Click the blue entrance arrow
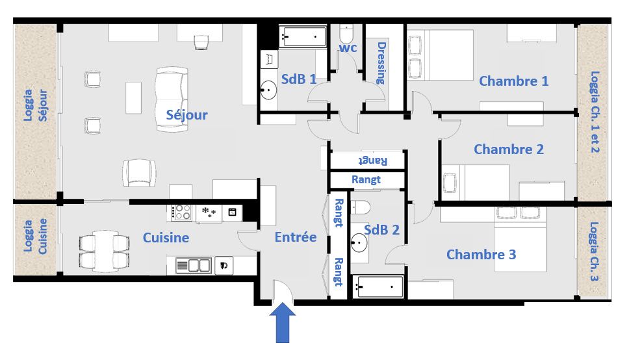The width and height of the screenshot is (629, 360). [x=283, y=323]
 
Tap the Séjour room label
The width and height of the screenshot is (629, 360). [x=187, y=115]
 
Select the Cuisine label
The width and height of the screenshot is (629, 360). [x=166, y=238]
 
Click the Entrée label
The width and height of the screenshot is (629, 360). [x=296, y=237]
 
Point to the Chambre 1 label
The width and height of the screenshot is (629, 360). [x=513, y=81]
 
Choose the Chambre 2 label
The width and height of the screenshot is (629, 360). [x=509, y=149]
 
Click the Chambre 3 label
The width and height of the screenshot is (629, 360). [x=481, y=255]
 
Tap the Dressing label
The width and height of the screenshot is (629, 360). [x=381, y=64]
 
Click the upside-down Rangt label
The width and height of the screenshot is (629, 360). [x=373, y=161]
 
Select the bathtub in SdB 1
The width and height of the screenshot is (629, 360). [x=302, y=37]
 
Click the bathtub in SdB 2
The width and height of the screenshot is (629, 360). [x=378, y=287]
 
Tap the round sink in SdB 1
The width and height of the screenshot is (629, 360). [x=268, y=90]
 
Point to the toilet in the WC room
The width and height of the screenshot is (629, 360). [x=346, y=34]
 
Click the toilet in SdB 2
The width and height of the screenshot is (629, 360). [x=361, y=207]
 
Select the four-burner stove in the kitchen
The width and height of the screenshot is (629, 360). [x=181, y=212]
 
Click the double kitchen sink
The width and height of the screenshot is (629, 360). [x=194, y=265]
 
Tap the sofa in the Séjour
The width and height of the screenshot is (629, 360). [x=172, y=99]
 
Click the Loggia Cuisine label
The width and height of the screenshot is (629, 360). [x=35, y=236]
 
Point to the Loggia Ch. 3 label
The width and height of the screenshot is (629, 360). [x=594, y=251]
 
